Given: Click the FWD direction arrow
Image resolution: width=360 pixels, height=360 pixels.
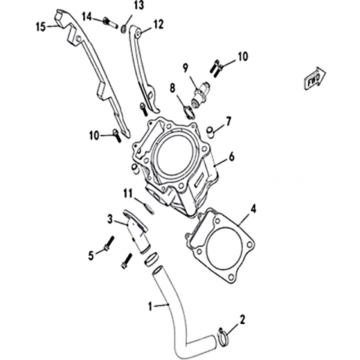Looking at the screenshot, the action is point(315,78).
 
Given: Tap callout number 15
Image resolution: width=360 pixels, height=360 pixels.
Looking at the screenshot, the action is point(41,27).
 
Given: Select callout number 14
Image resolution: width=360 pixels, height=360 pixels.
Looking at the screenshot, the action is point(88,16).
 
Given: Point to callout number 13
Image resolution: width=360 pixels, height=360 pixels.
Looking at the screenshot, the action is point(139,5).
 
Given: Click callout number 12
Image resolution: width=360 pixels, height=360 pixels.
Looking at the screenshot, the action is point(158,25).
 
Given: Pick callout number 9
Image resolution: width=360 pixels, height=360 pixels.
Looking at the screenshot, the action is point(185,67).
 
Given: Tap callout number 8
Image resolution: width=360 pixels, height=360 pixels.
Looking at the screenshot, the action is point(172,88).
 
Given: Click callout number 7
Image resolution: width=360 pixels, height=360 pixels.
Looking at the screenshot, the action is point(229,122).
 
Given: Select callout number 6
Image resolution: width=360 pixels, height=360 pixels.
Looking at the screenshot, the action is point(232,157).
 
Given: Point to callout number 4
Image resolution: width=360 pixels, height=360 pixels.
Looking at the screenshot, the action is point(253,208).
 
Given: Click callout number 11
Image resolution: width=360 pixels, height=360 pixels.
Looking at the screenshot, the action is point(127,193).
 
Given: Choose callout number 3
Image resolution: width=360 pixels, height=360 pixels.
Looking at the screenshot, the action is point(110,219).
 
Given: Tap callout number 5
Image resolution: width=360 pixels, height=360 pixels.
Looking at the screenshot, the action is point(91,256).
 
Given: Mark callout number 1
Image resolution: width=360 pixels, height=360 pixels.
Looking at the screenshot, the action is point(150,306).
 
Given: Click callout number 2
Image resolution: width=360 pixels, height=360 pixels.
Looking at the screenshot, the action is point(242,319).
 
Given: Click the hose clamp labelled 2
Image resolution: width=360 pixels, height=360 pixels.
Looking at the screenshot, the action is point(223,337).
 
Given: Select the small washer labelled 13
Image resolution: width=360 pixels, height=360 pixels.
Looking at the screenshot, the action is point(124,29).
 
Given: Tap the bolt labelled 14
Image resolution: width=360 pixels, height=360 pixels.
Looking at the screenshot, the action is point(110,22).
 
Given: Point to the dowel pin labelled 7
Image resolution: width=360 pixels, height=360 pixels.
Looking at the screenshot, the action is point(211,132).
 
